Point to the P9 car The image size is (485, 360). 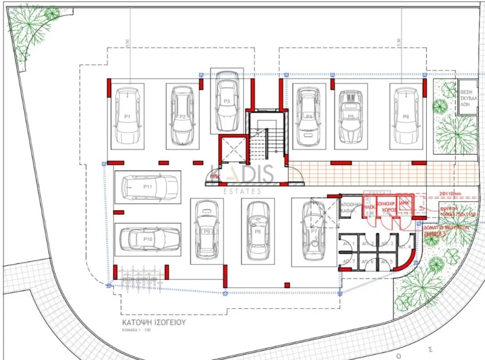click(x=206, y=230)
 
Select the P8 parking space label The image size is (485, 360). click(x=258, y=232)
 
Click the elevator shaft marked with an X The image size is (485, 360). click(x=231, y=150)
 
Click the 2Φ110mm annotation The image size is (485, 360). click(x=449, y=194)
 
